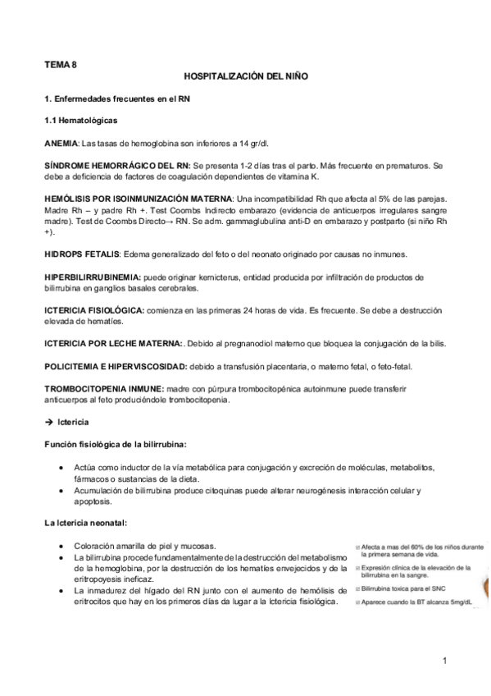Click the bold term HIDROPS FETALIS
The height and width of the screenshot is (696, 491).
tap(80, 256)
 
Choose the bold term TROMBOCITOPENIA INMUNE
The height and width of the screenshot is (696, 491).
tap(102, 387)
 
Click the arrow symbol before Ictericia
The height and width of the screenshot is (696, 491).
tap(49, 422)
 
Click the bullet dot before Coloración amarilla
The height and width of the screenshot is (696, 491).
tap(63, 546)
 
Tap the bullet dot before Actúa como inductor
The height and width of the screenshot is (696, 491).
tap(63, 468)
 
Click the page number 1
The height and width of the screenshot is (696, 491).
tap(443, 660)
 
